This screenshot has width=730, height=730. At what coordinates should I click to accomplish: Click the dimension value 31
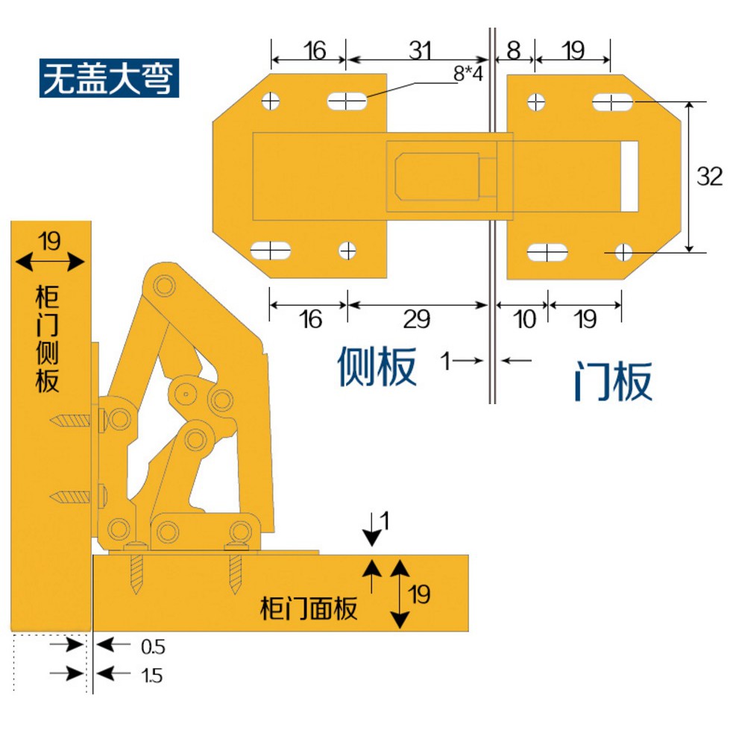pyautogui.click(x=420, y=51)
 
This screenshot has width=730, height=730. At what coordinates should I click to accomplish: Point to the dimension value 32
pyautogui.click(x=709, y=177)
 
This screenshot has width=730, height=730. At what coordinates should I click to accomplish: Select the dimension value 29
pyautogui.click(x=417, y=319)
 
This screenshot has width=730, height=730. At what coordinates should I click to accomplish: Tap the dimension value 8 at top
pyautogui.click(x=514, y=51)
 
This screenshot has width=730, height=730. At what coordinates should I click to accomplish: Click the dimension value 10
pyautogui.click(x=525, y=319)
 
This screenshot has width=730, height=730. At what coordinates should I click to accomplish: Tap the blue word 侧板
pyautogui.click(x=377, y=365)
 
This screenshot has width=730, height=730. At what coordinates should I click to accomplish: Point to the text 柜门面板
pyautogui.click(x=309, y=608)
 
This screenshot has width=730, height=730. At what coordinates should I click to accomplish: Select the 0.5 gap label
pyautogui.click(x=152, y=646)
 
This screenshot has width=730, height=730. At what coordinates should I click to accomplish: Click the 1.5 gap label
pyautogui.click(x=151, y=676)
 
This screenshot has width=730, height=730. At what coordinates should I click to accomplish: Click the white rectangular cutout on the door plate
pyautogui.click(x=631, y=176)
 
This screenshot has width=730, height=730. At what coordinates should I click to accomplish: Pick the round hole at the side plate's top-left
pyautogui.click(x=271, y=100)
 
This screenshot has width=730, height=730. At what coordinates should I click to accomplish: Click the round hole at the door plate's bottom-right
pyautogui.click(x=623, y=253)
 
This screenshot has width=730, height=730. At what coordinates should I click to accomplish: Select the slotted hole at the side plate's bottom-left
pyautogui.click(x=271, y=251)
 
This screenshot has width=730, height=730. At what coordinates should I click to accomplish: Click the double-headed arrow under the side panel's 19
pyautogui.click(x=50, y=262)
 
